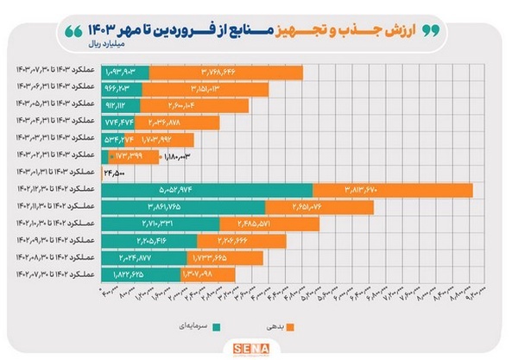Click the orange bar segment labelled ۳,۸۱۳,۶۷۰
393,190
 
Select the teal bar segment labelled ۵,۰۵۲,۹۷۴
207,190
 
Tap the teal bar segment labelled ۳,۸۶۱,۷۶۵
184,207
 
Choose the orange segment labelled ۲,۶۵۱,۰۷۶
319,207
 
